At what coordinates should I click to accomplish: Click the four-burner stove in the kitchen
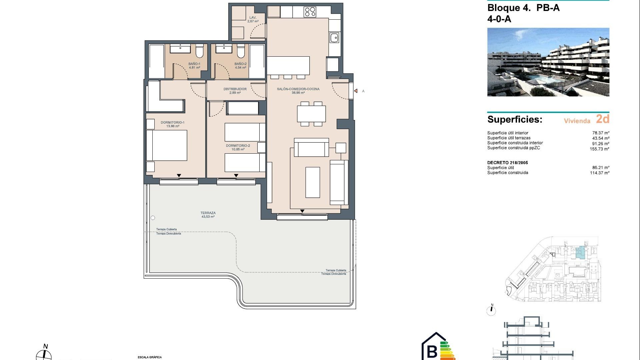tap(310, 12)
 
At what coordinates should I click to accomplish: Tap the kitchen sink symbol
tap(334, 38)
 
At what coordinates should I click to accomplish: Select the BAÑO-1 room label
tap(194, 65)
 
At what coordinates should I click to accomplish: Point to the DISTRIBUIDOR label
tap(235, 91)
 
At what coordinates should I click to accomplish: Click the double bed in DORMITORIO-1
tap(167, 145)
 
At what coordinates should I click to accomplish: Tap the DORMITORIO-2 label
tap(238, 147)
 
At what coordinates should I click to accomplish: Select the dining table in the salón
tap(311, 114)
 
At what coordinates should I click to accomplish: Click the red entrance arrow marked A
tap(356, 91)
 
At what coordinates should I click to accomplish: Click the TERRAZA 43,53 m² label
tap(208, 215)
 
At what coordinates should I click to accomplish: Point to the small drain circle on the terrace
tap(153, 218)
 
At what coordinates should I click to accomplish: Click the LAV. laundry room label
tap(253, 19)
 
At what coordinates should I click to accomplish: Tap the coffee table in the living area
tap(312, 182)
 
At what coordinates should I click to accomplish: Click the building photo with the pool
tap(548, 62)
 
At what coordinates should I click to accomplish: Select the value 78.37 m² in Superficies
tap(601, 133)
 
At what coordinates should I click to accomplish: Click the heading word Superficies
tap(515, 120)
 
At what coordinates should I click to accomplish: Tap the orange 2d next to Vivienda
tap(602, 119)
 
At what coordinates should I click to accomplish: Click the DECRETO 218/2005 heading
tap(507, 163)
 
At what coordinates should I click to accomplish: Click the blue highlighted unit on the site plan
tap(580, 253)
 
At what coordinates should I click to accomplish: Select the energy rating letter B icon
tap(432, 351)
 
